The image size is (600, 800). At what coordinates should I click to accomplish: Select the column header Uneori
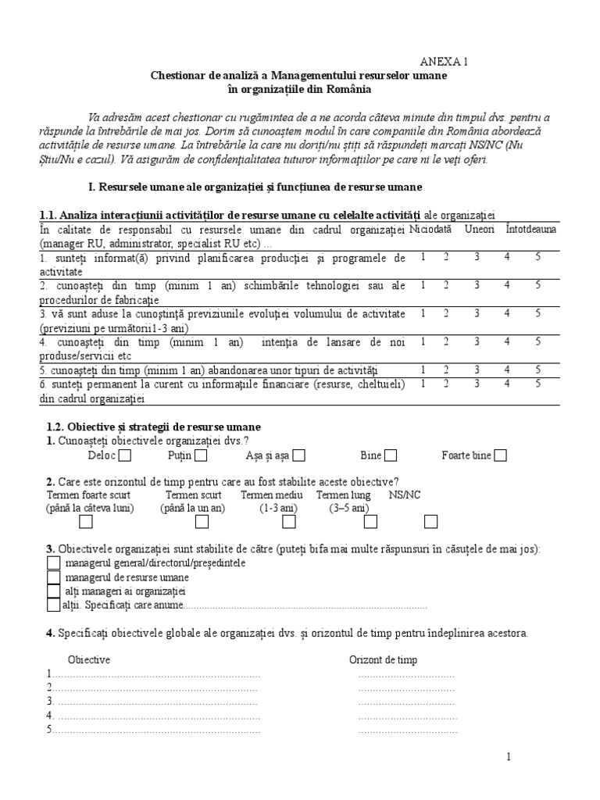coord(479,230)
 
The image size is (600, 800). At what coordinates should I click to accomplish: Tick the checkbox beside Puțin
coord(201,455)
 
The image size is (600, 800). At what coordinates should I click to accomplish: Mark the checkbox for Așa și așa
coord(298,455)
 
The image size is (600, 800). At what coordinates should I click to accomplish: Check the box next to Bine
coord(391,455)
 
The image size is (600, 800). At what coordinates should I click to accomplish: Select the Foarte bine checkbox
coord(500,455)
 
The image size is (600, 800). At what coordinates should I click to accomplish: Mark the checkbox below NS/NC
coord(430,522)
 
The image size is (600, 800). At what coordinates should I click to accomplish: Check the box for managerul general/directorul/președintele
coord(53,563)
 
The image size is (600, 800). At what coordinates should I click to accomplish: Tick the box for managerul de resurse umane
coord(53,577)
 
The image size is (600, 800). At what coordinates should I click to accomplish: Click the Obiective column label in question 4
coord(89,659)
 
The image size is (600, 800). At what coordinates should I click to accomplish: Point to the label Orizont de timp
coord(383,659)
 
